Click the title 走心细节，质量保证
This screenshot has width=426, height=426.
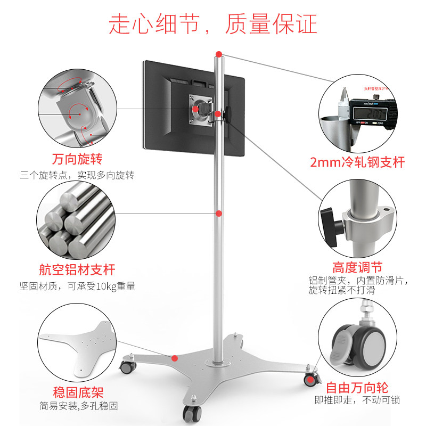[x=213, y=24]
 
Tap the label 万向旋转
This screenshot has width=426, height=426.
[x=77, y=159]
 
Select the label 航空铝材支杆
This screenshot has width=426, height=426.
[x=77, y=270]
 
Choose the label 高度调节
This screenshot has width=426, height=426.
[x=357, y=267]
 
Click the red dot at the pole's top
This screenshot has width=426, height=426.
[x=219, y=53]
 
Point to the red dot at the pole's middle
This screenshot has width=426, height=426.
[x=219, y=214]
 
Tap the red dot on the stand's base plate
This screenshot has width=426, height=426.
[x=174, y=358]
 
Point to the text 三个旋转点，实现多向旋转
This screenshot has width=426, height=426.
[x=77, y=175]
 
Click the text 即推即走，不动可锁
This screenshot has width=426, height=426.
[x=357, y=400]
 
